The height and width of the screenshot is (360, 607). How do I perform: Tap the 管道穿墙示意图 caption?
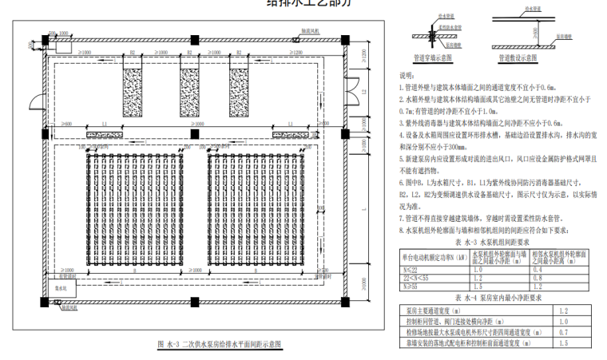433,57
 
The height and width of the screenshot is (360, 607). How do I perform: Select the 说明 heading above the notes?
407,73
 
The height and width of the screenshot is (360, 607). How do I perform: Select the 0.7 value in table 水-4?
562,331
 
